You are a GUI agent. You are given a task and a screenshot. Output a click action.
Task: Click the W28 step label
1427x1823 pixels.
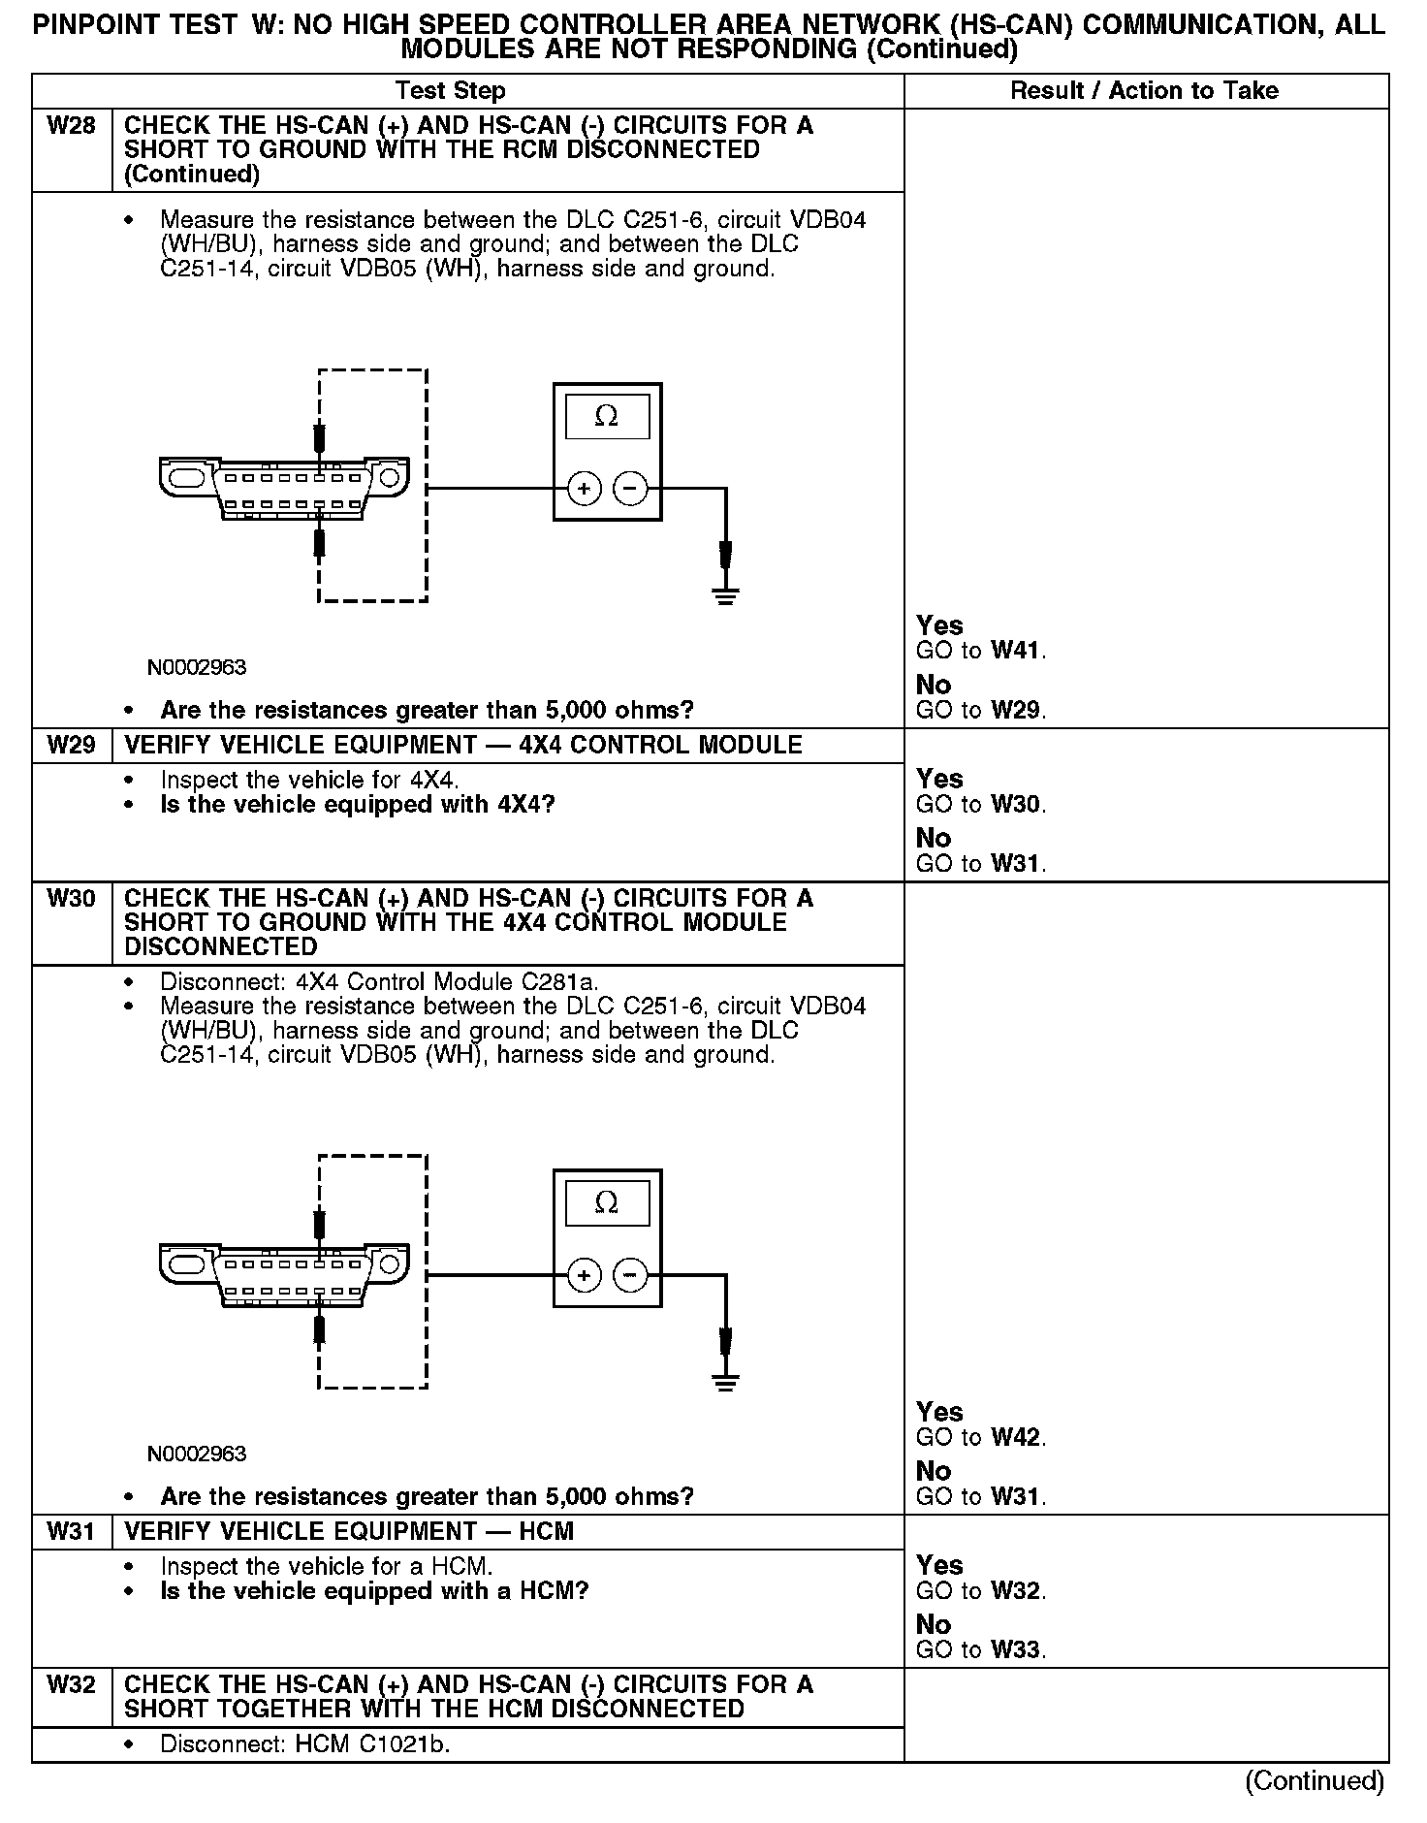(71, 126)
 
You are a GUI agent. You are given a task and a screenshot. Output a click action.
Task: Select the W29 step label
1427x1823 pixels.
(71, 746)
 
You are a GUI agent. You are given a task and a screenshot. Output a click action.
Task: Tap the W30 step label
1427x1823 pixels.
(71, 899)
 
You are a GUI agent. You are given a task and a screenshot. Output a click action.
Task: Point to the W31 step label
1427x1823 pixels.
(71, 1532)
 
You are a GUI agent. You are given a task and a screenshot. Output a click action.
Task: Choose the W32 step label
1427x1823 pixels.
(71, 1685)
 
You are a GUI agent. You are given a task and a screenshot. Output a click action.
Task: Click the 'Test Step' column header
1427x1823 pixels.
(450, 91)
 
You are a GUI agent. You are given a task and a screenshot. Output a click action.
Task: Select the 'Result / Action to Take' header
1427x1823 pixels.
(1144, 91)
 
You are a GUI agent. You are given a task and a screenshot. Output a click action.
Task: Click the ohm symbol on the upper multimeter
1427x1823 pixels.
(607, 417)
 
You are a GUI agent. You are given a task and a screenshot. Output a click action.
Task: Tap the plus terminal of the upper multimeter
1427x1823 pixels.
(584, 489)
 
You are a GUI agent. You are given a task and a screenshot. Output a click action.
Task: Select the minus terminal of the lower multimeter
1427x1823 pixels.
(631, 1275)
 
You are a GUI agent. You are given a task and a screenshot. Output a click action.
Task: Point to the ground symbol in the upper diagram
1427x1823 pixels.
(725, 595)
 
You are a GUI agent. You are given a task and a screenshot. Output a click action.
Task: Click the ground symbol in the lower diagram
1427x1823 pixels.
(725, 1382)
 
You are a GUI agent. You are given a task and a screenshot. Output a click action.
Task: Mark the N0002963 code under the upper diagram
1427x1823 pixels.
(197, 668)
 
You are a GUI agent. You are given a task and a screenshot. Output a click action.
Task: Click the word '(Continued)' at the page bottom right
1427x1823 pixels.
(1315, 1781)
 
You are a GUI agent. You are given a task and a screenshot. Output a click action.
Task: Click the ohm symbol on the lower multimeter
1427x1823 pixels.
(607, 1203)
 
